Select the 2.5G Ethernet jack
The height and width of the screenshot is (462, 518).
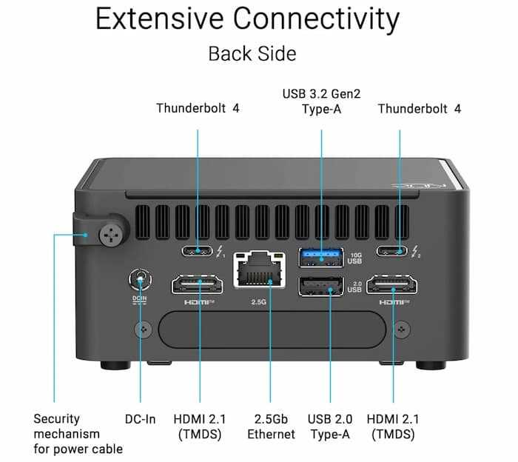[259, 269]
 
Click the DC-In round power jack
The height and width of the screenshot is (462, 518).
[139, 280]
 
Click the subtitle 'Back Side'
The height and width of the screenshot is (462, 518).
[252, 54]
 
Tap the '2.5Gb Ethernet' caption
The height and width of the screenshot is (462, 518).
[271, 426]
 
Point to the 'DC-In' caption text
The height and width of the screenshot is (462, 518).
[140, 419]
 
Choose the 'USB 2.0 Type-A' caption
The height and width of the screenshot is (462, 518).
[331, 426]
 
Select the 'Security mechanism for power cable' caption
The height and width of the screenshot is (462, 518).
[78, 434]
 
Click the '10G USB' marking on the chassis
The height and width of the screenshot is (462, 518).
[354, 258]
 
